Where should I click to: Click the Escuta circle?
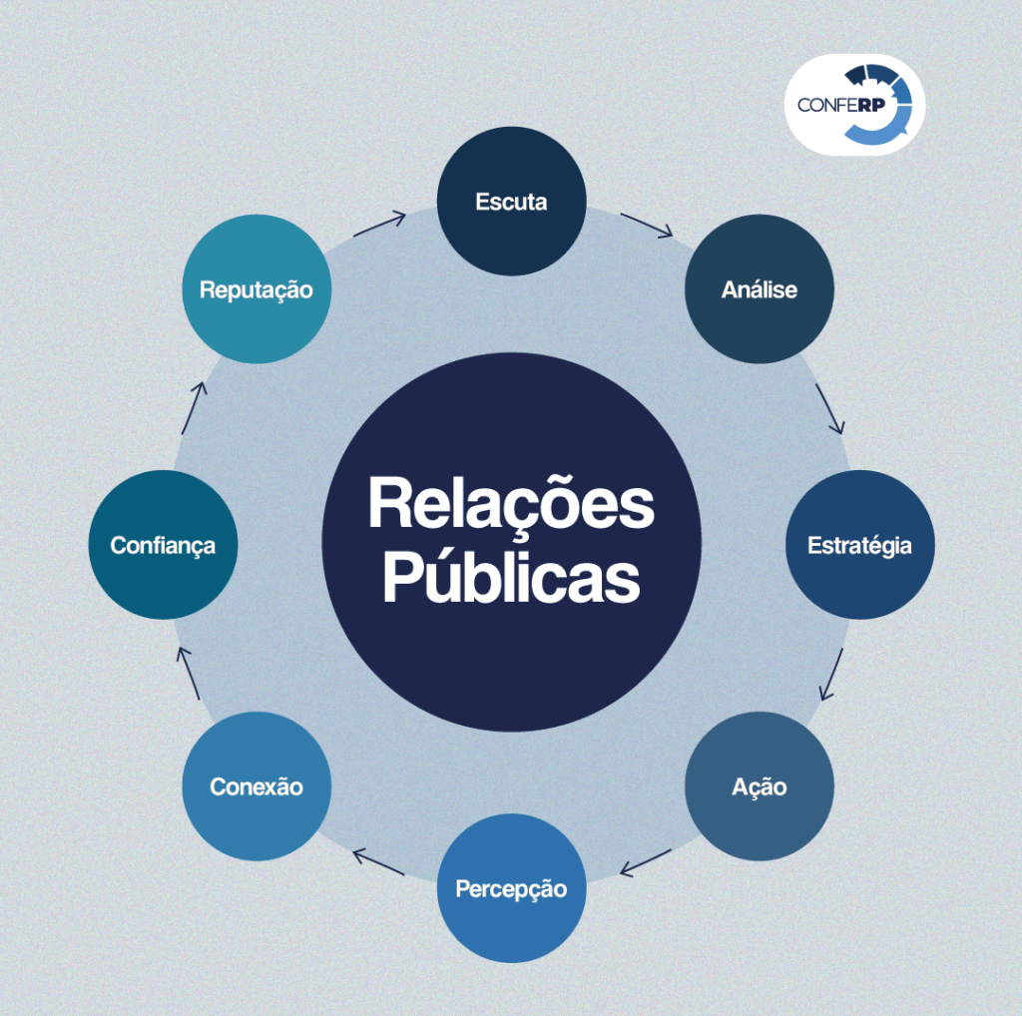click(x=511, y=201)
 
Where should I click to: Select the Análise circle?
click(x=759, y=288)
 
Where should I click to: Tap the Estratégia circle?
click(x=859, y=545)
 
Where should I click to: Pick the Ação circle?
click(x=759, y=786)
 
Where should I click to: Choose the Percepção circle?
click(x=511, y=888)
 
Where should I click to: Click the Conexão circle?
click(x=256, y=786)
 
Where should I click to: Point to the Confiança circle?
click(x=163, y=545)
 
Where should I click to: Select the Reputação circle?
click(x=256, y=289)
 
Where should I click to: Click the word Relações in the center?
click(x=511, y=505)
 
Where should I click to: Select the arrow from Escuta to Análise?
click(x=647, y=225)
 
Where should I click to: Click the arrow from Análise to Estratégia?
click(x=830, y=408)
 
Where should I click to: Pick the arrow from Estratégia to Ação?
click(x=831, y=676)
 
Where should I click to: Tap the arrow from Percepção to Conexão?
click(x=378, y=862)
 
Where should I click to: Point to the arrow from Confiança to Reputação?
click(x=194, y=407)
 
